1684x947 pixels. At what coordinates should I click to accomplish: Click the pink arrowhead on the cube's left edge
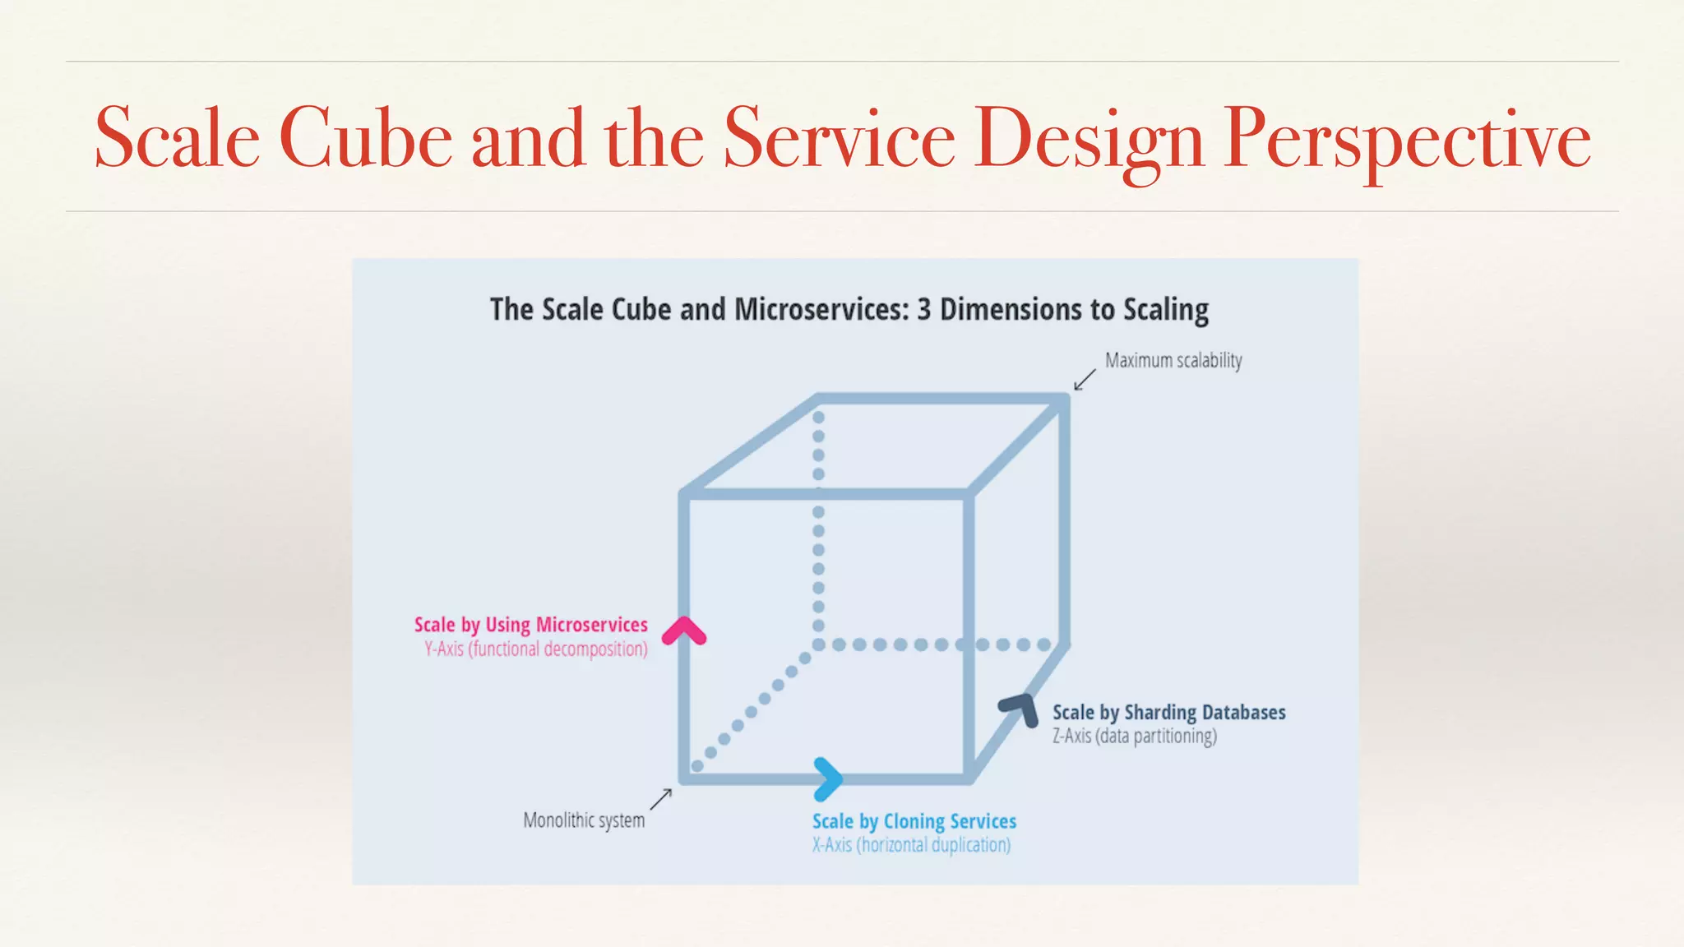point(684,631)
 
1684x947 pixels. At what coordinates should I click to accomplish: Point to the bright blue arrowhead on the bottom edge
point(827,778)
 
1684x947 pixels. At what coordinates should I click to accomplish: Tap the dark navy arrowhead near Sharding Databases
point(1020,709)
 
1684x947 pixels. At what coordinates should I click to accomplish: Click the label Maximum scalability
point(1173,361)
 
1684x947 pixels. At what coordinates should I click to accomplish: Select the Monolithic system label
point(584,820)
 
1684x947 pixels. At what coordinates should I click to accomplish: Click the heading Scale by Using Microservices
point(530,625)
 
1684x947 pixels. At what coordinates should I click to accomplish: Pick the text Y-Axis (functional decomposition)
point(535,649)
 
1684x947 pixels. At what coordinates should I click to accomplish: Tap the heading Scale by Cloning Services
point(914,821)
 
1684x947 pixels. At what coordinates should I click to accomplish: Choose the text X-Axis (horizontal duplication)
point(911,845)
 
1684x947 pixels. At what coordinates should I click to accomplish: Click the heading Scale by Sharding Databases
point(1168,713)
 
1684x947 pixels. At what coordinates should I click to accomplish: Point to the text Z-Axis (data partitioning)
point(1134,737)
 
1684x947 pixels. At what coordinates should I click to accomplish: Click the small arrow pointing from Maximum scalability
point(1085,380)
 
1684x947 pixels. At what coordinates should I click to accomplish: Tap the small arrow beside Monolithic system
point(662,799)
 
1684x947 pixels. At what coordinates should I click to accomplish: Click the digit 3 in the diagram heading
point(923,310)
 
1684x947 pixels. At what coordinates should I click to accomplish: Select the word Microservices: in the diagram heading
point(821,310)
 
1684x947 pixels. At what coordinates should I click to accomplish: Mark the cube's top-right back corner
point(1064,400)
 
